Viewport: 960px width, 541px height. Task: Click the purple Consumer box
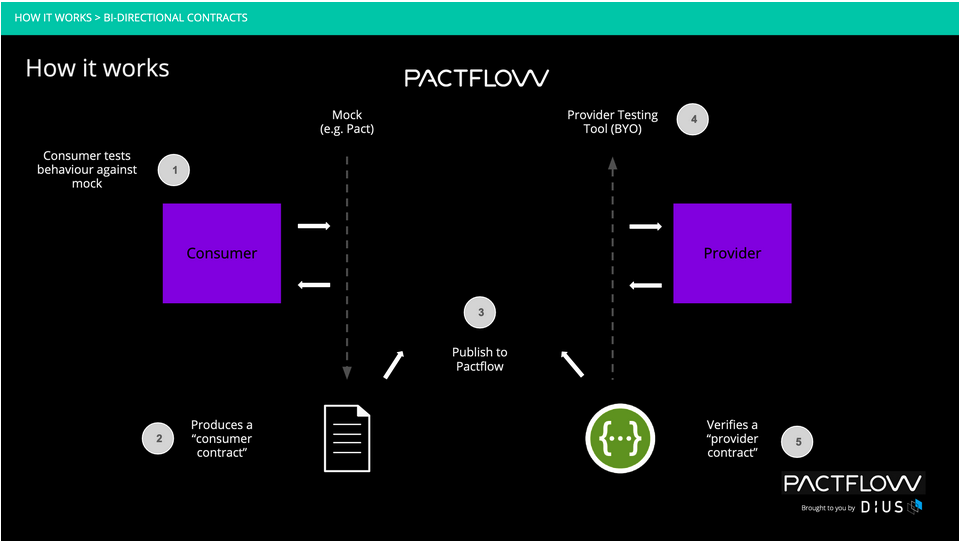(222, 253)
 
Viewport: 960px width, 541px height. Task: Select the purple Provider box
(732, 253)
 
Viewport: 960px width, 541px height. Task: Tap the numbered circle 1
(175, 170)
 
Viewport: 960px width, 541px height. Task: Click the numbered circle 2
(157, 438)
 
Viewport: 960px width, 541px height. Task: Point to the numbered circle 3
(481, 313)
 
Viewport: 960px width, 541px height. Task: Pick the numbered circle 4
(692, 120)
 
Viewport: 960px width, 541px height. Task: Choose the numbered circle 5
(798, 440)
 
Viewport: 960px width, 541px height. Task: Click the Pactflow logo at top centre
(477, 78)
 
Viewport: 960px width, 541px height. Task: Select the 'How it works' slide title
(97, 68)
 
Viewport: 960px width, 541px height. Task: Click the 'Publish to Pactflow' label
(480, 359)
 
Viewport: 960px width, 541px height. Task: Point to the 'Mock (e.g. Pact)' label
(347, 122)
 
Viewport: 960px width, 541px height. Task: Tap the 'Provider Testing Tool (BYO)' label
(613, 122)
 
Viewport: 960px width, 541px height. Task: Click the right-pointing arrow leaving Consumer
(314, 227)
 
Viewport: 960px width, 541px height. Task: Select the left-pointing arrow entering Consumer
(314, 286)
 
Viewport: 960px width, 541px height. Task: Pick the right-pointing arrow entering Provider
(646, 227)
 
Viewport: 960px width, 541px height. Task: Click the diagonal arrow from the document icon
(394, 364)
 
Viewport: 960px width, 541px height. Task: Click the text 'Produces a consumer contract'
(221, 439)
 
